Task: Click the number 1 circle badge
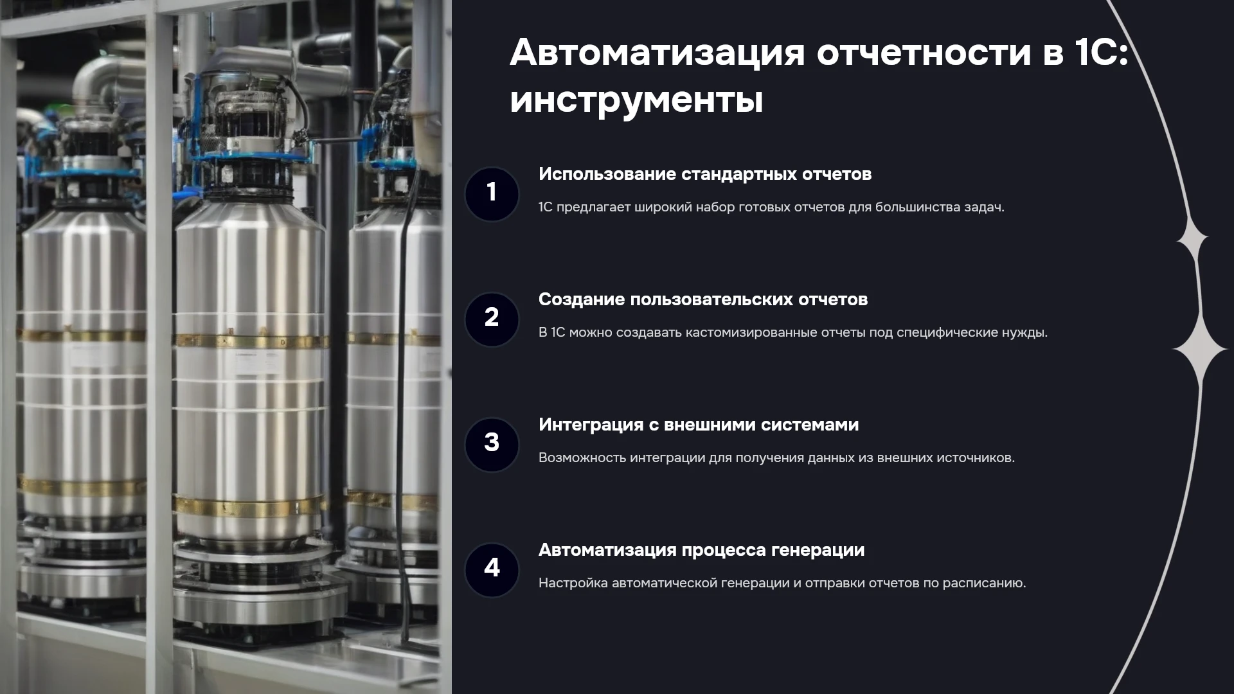tap(492, 194)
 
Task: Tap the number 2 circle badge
tap(492, 319)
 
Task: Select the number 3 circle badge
tap(492, 445)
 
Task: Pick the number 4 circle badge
tap(492, 570)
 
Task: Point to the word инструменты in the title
tap(636, 100)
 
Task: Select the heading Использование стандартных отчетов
tap(705, 174)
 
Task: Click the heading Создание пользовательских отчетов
tap(703, 299)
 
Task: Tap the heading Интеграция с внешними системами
tap(699, 425)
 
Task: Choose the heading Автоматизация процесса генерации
tap(701, 550)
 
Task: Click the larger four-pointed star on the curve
tap(1200, 349)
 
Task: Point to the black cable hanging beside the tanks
tap(404, 386)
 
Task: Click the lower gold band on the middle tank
tap(249, 506)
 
